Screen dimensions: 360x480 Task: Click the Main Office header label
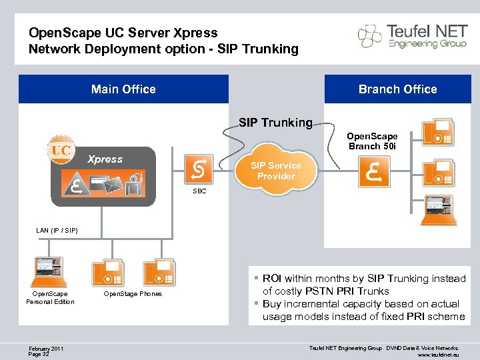point(123,89)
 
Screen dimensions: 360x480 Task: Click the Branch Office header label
point(397,89)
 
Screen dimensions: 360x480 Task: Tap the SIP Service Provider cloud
point(275,171)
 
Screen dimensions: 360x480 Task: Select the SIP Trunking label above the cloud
point(275,122)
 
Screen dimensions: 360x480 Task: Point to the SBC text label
point(199,191)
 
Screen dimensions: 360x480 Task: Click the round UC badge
point(61,150)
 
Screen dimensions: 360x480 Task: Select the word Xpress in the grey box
point(105,159)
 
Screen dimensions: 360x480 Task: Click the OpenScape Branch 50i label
point(372,141)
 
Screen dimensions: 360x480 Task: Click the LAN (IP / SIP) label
point(57,230)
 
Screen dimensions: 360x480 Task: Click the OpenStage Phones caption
point(132,294)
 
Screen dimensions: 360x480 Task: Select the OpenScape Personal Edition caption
point(50,297)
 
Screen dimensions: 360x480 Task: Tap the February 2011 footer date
point(47,347)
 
